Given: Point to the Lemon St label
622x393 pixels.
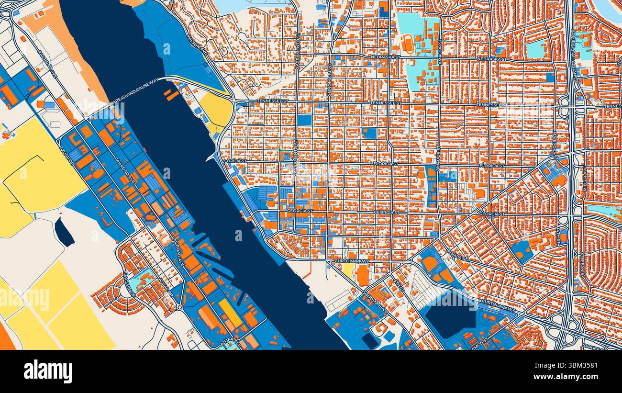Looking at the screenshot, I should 480,341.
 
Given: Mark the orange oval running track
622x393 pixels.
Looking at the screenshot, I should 408,44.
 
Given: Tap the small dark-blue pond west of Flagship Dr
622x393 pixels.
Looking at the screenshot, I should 64,232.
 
